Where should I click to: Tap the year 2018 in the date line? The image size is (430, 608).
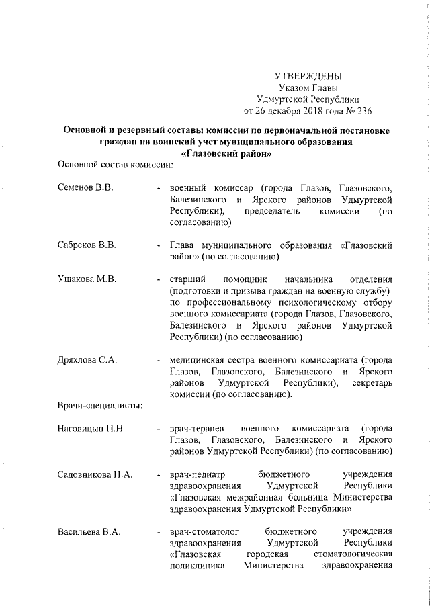300,110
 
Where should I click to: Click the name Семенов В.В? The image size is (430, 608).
85,187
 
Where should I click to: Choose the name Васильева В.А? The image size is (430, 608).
89,533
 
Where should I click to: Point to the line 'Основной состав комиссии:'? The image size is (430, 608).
116,164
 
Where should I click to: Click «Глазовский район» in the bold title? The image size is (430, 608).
217,153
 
